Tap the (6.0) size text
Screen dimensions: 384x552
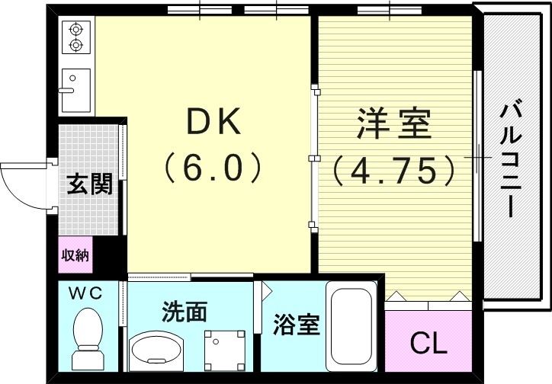[213, 169]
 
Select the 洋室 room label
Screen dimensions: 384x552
[393, 124]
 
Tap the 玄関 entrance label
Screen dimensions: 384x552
[90, 184]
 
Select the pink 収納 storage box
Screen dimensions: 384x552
[75, 255]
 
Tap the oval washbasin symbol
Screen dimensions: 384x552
[158, 351]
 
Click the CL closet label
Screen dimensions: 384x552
[428, 344]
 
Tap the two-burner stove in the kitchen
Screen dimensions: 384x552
[75, 37]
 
